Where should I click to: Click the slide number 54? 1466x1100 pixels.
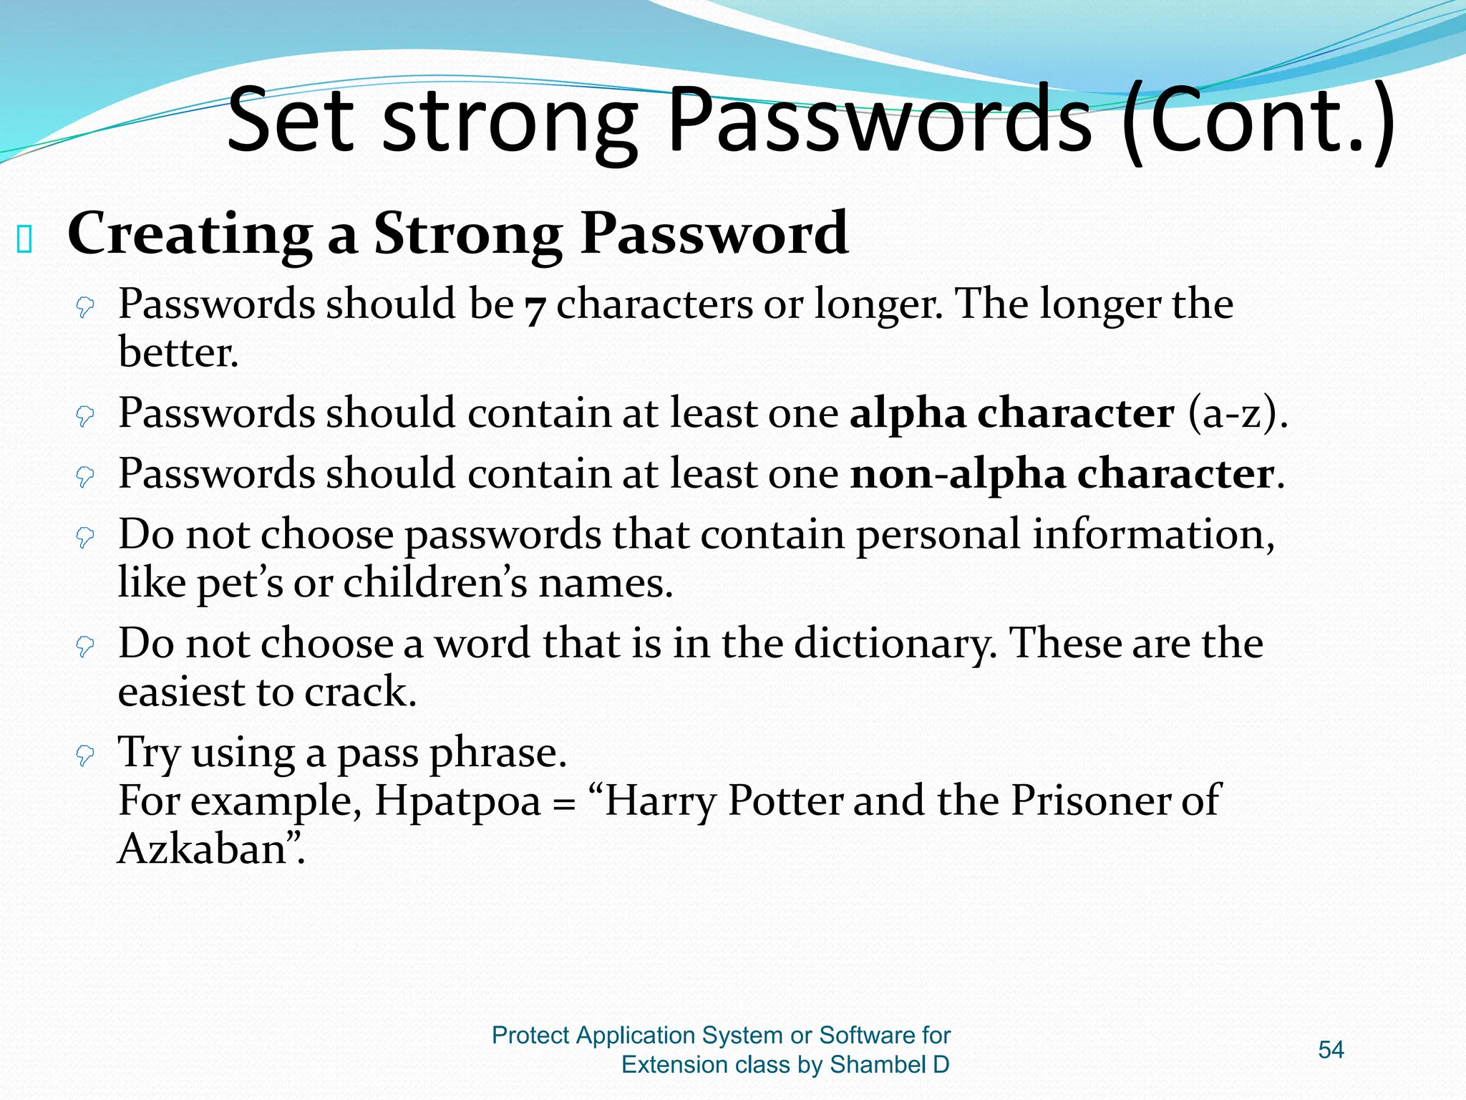pyautogui.click(x=1331, y=1050)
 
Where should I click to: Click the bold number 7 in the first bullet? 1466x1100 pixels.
pyautogui.click(x=535, y=308)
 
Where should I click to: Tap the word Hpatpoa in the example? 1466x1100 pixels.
pyautogui.click(x=457, y=801)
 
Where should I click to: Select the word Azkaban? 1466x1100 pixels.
pyautogui.click(x=203, y=849)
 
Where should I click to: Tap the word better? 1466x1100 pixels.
pyautogui.click(x=178, y=352)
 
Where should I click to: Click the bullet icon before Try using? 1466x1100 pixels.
pyautogui.click(x=85, y=755)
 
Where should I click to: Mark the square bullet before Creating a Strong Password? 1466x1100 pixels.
pyautogui.click(x=24, y=240)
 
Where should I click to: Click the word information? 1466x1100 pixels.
pyautogui.click(x=1152, y=535)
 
